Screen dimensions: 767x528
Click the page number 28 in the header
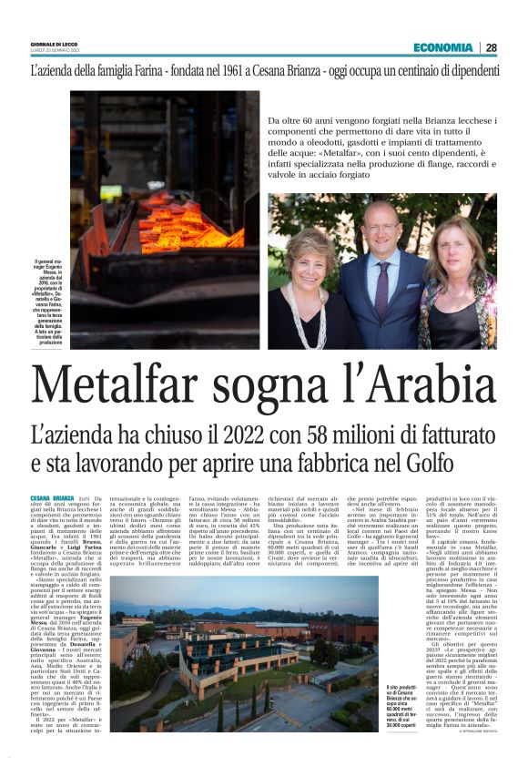coord(491,47)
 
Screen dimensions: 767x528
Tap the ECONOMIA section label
coord(442,47)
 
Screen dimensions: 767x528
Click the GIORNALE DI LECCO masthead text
coord(55,45)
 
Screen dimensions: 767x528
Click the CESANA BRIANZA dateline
coord(51,498)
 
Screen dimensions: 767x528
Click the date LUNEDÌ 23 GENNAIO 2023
coord(56,51)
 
